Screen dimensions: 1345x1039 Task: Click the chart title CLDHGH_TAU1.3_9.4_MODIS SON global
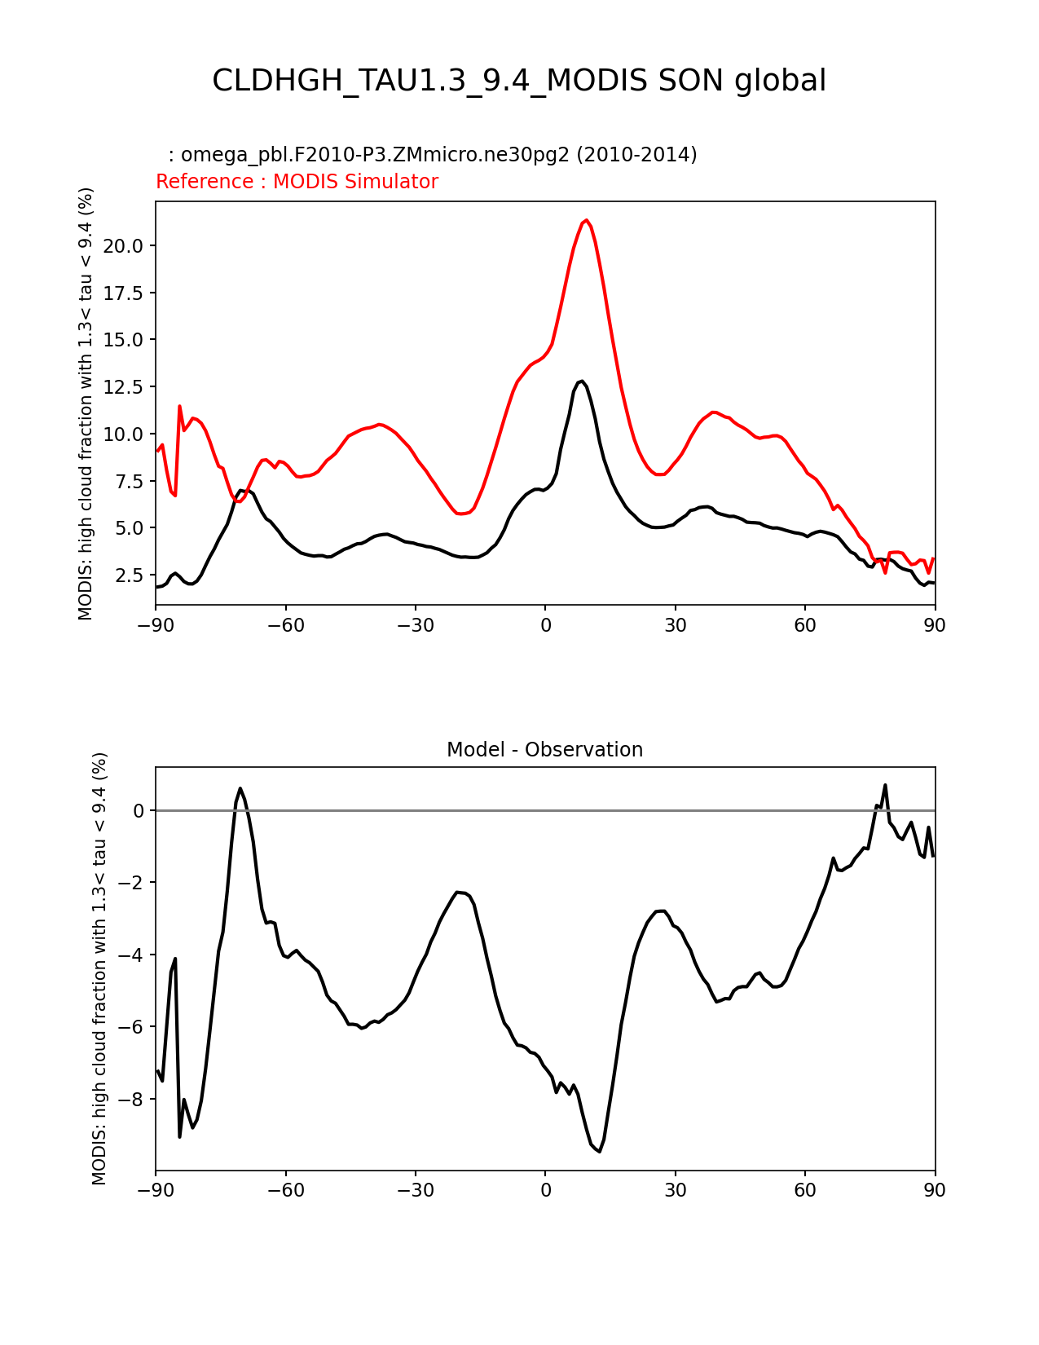coord(519,81)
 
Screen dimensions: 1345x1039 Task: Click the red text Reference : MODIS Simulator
coord(297,182)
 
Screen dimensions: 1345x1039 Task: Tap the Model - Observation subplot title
coord(544,750)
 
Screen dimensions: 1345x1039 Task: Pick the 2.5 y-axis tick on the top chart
coord(130,575)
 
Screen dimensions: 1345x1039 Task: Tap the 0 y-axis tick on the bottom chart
coord(139,811)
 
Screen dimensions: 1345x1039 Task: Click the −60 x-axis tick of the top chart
coord(285,625)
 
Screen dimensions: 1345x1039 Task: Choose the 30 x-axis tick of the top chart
coord(675,625)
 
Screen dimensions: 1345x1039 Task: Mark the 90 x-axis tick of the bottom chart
coord(935,1190)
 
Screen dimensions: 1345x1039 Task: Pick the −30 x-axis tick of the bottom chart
coord(415,1190)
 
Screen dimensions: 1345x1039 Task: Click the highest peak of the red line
coord(586,220)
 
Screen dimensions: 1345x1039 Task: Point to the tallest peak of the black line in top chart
coord(581,381)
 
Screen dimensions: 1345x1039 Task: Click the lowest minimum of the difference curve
coord(599,1151)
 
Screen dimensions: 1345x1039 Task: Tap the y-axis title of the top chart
coord(86,403)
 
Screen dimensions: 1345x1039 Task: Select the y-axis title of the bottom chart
coord(99,968)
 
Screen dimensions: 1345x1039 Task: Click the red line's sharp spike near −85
coord(179,406)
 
